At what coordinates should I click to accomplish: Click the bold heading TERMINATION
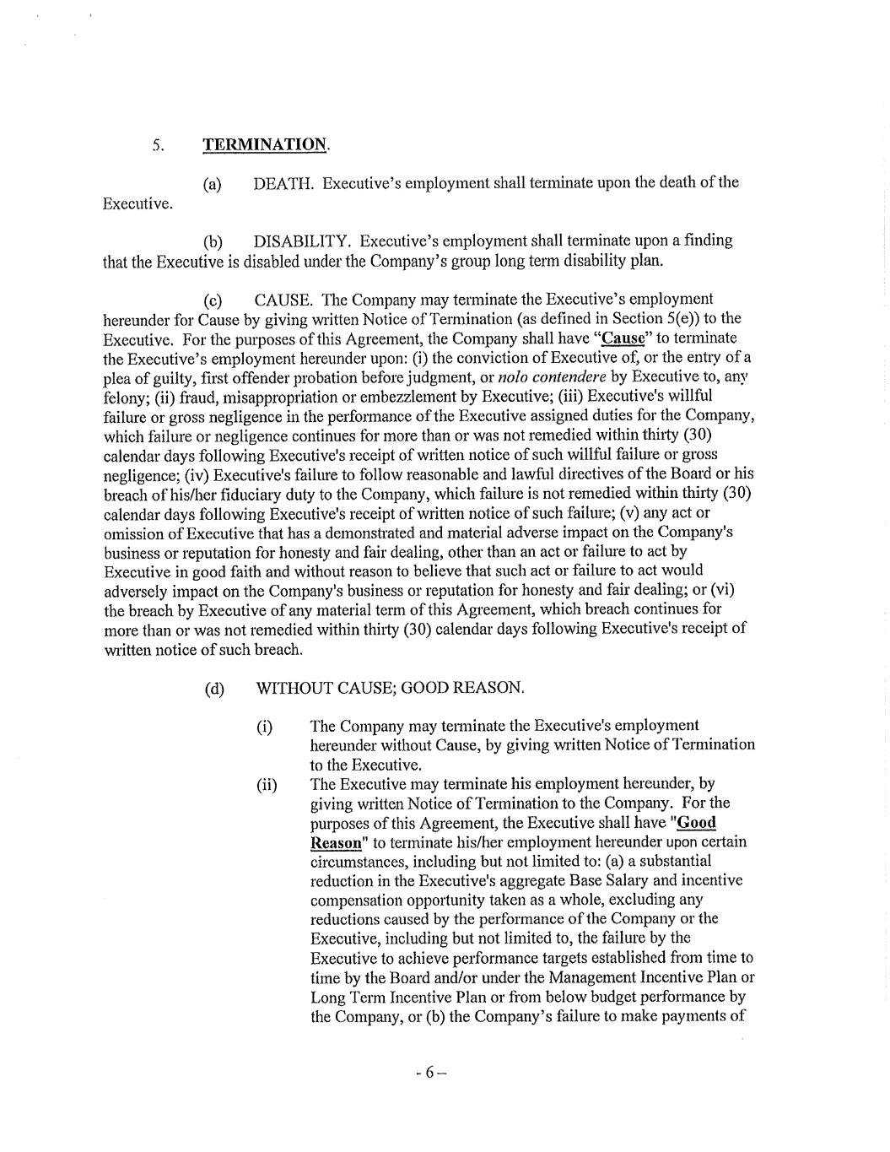(x=264, y=144)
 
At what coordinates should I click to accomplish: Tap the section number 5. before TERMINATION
(x=158, y=145)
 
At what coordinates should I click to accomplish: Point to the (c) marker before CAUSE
(x=213, y=300)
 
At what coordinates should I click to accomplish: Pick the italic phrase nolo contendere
(x=553, y=376)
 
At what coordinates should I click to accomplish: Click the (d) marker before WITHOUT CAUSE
(x=215, y=689)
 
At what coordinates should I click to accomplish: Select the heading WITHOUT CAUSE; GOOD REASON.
(x=390, y=688)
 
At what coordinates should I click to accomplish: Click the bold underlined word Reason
(x=336, y=842)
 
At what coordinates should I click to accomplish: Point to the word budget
(x=650, y=997)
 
